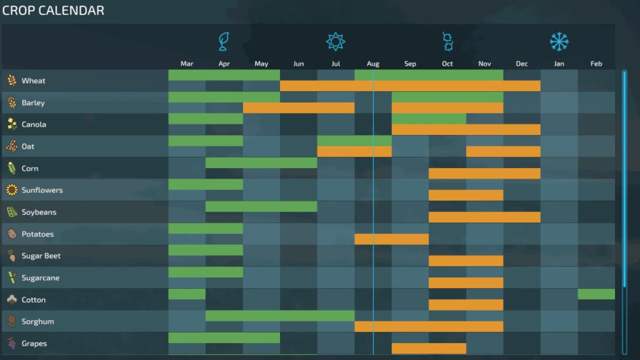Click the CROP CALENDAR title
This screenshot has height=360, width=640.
point(53,10)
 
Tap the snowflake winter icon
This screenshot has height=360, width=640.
point(559,41)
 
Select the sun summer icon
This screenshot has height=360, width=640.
point(335,41)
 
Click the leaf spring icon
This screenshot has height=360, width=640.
point(224,41)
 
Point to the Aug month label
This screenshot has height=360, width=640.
point(373,63)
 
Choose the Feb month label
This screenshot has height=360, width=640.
point(596,63)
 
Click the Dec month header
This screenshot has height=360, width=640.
point(521,63)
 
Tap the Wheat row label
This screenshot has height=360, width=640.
point(33,80)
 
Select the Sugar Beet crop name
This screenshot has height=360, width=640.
point(41,255)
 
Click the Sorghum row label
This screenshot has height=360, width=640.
point(37,321)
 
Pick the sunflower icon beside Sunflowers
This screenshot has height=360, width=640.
point(11,190)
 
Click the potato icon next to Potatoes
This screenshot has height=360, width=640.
point(11,234)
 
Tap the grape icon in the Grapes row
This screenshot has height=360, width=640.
point(11,343)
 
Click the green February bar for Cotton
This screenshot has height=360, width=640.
point(596,294)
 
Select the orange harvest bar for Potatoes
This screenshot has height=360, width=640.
point(391,239)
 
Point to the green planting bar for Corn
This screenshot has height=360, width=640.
point(261,162)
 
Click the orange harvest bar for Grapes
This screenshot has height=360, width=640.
point(428,348)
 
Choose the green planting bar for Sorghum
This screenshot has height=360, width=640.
point(279,316)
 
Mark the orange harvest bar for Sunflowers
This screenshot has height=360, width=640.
point(465,195)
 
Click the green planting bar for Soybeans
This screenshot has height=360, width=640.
point(261,206)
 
